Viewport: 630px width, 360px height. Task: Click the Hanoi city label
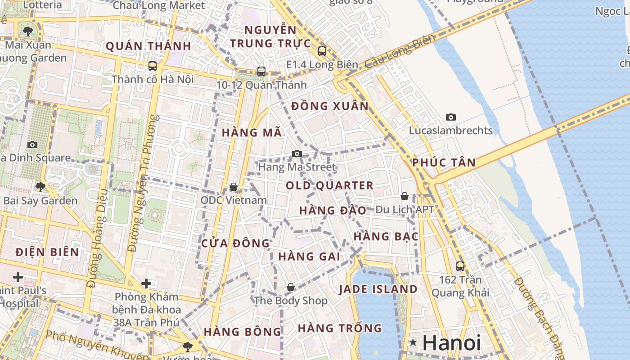[x=451, y=343]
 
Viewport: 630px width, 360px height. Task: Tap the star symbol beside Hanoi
[x=413, y=343]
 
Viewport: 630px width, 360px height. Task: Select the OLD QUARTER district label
[x=329, y=185]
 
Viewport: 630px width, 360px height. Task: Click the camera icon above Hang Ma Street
[x=297, y=154]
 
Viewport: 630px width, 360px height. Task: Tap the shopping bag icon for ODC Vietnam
[x=234, y=187]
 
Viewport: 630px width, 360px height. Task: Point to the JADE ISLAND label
[x=378, y=289]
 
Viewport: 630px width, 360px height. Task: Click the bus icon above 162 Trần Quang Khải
[x=460, y=266]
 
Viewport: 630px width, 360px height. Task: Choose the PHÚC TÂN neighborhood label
[x=444, y=162]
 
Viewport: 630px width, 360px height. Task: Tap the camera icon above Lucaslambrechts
[x=450, y=117]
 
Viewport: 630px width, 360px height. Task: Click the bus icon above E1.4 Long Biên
[x=322, y=51]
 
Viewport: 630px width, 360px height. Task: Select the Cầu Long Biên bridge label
[x=400, y=51]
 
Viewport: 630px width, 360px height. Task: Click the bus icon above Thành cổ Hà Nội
[x=153, y=66]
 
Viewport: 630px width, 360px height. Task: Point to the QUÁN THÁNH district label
[x=148, y=46]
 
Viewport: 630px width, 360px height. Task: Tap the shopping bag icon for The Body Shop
[x=291, y=287]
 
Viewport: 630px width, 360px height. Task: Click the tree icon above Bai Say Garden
[x=40, y=187]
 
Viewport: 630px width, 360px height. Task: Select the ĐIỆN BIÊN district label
[x=47, y=252]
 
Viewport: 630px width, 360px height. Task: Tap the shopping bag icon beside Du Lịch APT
[x=405, y=197]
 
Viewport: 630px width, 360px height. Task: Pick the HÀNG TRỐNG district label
[x=340, y=328]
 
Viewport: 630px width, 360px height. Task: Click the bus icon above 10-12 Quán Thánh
[x=261, y=71]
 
